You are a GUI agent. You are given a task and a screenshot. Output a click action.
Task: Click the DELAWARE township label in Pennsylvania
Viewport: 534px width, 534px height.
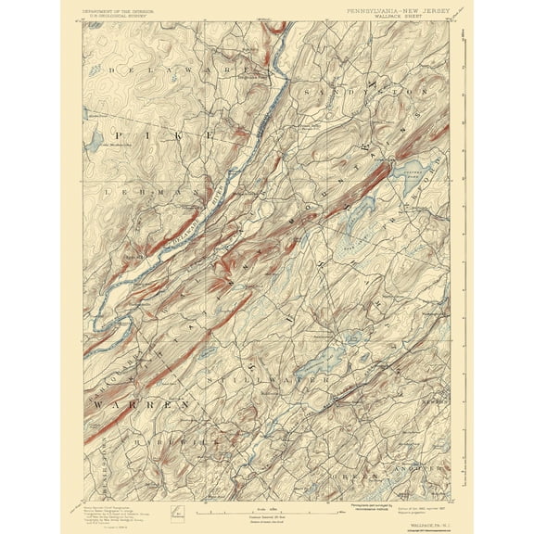click(x=176, y=70)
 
